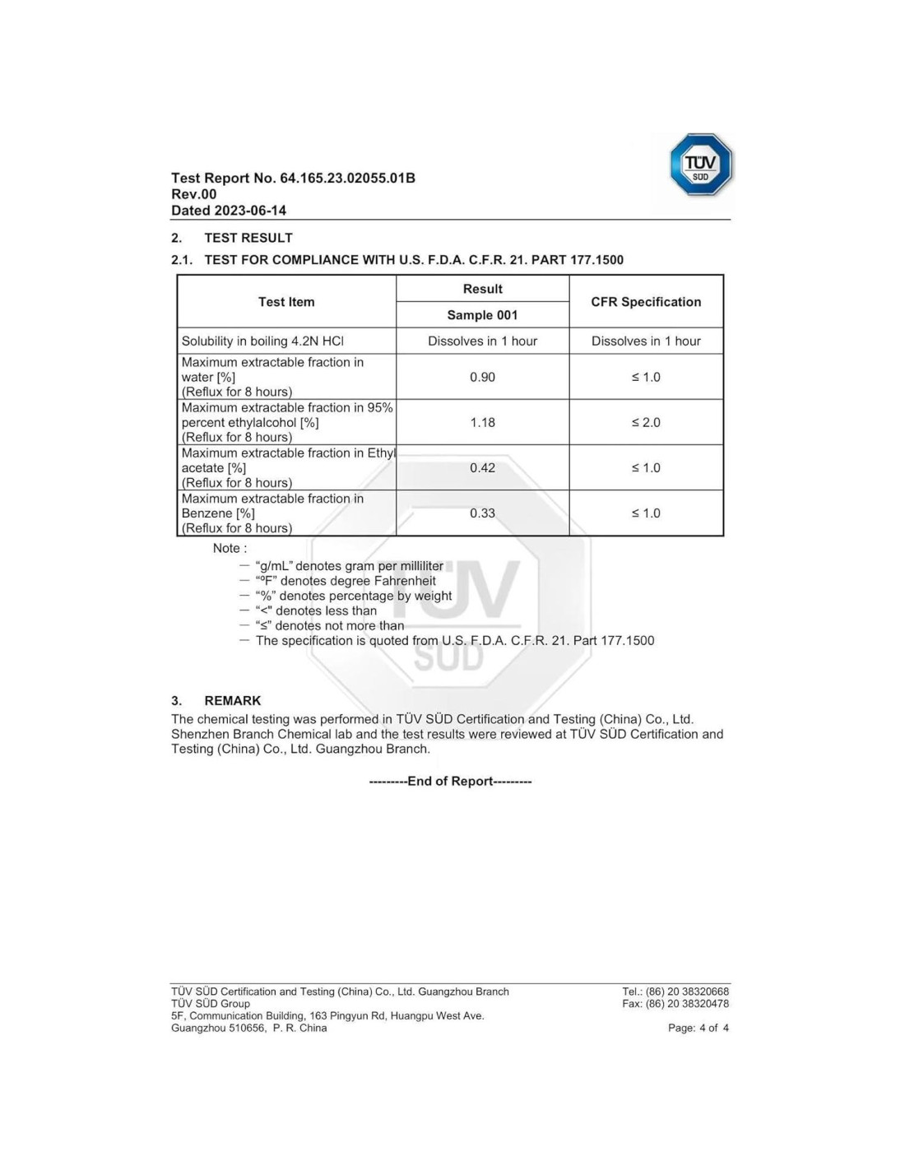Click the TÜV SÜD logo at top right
click(700, 165)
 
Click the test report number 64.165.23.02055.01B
click(347, 178)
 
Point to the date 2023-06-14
click(250, 211)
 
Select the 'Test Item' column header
click(286, 302)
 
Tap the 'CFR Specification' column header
click(646, 302)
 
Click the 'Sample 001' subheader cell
click(482, 315)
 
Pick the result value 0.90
click(482, 377)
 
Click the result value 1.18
click(482, 422)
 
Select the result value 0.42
click(482, 467)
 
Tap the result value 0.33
click(482, 513)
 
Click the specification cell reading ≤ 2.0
click(646, 422)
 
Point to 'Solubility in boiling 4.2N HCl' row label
click(262, 341)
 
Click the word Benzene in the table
click(207, 513)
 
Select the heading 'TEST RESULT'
click(248, 238)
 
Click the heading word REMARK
click(233, 701)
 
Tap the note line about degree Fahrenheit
click(346, 581)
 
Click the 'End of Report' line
click(450, 781)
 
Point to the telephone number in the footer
click(675, 991)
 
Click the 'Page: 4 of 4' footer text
click(698, 1028)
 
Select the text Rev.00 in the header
click(194, 194)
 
